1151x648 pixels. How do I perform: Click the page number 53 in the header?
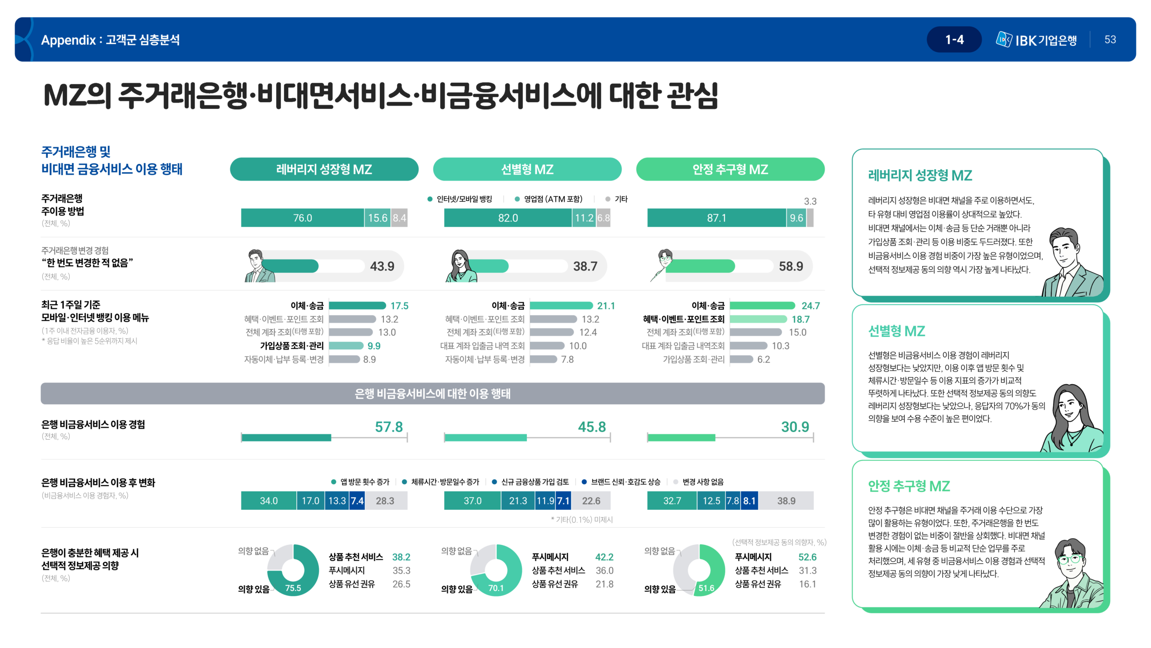1110,40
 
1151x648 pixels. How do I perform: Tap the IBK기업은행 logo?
1036,40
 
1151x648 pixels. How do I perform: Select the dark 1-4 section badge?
954,40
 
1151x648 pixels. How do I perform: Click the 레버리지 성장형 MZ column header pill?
324,169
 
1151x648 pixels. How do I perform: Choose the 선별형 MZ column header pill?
527,169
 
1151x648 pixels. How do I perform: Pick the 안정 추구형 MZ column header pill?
730,169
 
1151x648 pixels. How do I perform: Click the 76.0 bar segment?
302,218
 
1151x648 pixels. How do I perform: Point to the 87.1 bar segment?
716,218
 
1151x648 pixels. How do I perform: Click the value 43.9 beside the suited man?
382,266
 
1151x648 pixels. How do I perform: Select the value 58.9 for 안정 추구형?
790,266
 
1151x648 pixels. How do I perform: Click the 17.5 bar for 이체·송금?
357,306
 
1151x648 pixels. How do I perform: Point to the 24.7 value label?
810,306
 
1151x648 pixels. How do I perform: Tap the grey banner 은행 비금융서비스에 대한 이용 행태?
432,393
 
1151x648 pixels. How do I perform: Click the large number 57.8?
388,427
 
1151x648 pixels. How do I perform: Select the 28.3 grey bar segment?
385,501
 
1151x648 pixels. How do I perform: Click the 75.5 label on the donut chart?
293,588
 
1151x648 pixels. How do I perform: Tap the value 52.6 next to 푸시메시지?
807,557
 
